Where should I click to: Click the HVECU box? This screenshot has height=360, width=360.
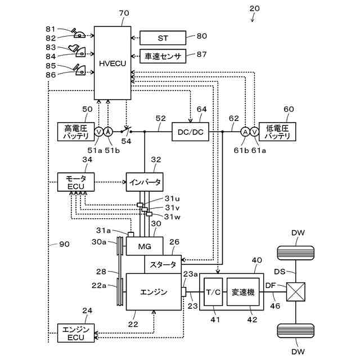(112, 63)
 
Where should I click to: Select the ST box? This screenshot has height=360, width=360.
(163, 38)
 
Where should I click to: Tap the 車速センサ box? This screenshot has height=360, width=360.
(163, 56)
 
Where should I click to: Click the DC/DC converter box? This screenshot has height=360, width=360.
(190, 132)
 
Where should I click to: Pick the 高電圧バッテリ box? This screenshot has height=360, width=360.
(76, 132)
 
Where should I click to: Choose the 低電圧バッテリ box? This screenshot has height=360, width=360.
(277, 132)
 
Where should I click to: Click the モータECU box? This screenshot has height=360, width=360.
(76, 182)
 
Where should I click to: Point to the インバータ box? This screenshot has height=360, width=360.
(145, 182)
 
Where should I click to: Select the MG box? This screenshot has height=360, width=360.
(145, 246)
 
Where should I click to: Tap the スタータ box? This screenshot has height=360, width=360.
(163, 264)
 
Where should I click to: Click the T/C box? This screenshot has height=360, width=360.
(213, 292)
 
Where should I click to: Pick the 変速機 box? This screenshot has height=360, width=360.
(243, 292)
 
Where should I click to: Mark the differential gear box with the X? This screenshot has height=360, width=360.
(296, 292)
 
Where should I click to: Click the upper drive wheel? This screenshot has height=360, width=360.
(296, 253)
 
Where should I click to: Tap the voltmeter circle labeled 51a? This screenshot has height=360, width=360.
(99, 132)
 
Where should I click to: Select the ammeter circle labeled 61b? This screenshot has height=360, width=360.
(245, 132)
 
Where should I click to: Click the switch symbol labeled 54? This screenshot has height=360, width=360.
(126, 131)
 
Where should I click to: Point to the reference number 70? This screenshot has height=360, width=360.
(124, 13)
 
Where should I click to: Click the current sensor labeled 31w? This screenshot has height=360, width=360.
(149, 214)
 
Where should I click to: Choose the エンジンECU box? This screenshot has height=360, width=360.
(76, 333)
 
